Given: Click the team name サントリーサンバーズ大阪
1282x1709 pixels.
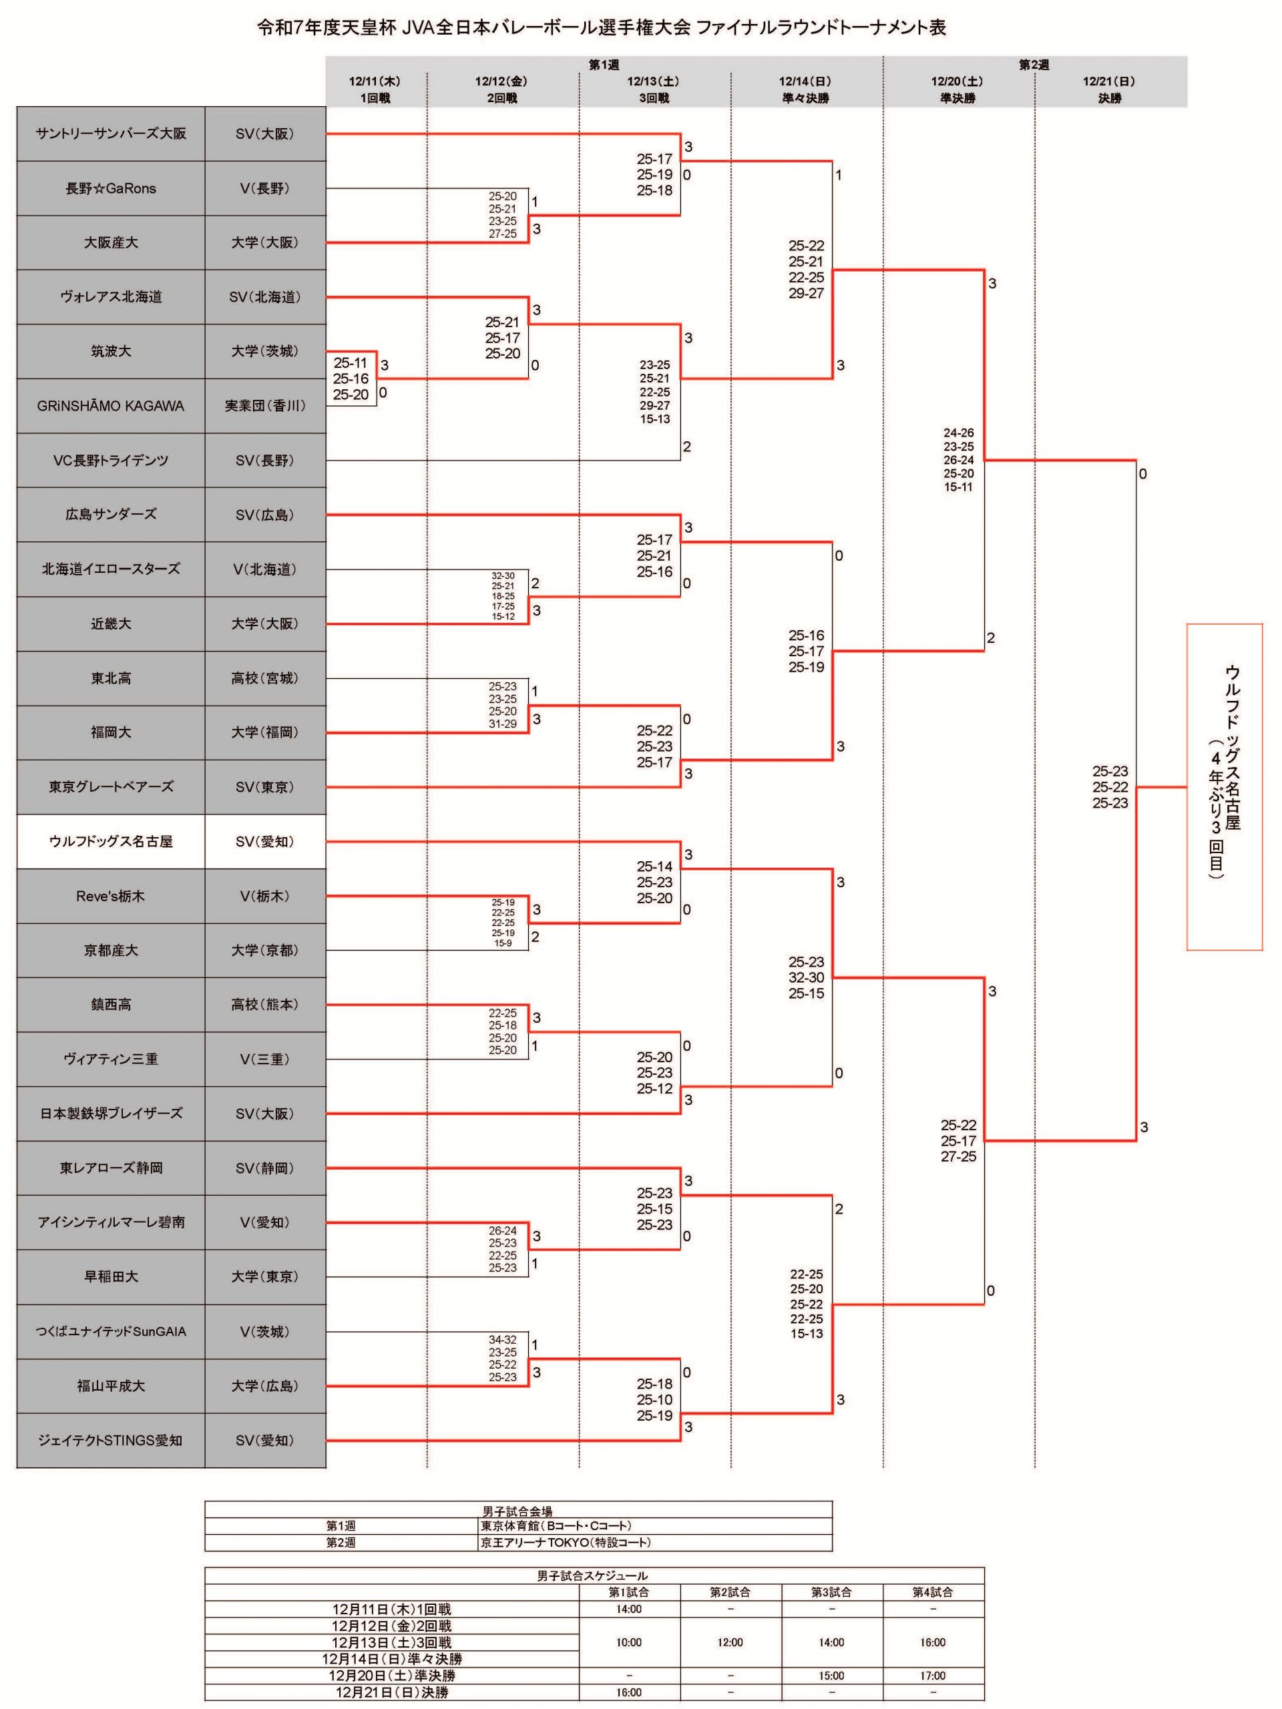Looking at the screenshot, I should [x=110, y=134].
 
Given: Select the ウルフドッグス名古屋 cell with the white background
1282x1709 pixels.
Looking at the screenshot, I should [x=110, y=841].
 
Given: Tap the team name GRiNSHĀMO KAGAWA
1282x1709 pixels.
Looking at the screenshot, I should [x=110, y=406].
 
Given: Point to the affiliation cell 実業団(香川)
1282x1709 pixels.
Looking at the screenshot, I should [x=265, y=406].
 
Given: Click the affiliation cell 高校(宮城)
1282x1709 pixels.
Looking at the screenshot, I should [x=265, y=678].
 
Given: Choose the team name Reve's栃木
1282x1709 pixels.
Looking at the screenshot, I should [x=110, y=896].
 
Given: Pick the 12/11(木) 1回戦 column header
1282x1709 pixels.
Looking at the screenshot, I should [x=375, y=89].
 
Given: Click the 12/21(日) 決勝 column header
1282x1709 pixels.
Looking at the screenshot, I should [x=1110, y=89].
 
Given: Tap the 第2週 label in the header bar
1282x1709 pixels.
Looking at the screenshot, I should [x=1034, y=65].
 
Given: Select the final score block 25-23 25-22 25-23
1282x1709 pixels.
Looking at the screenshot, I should [x=1110, y=787].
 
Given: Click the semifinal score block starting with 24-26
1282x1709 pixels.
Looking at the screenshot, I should [x=958, y=460].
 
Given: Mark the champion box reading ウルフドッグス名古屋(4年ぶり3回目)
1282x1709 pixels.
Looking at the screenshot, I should [x=1225, y=786].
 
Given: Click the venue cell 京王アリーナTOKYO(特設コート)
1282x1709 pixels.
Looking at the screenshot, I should [x=566, y=1542].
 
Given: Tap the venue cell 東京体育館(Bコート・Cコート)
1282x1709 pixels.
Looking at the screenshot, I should [x=556, y=1526].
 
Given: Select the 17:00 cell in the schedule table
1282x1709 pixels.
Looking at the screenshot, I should [x=933, y=1676].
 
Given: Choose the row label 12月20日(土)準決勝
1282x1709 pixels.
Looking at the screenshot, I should [x=392, y=1676].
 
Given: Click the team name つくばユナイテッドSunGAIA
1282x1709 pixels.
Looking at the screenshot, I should [x=110, y=1331].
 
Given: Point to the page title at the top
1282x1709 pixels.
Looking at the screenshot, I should [x=601, y=28].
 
